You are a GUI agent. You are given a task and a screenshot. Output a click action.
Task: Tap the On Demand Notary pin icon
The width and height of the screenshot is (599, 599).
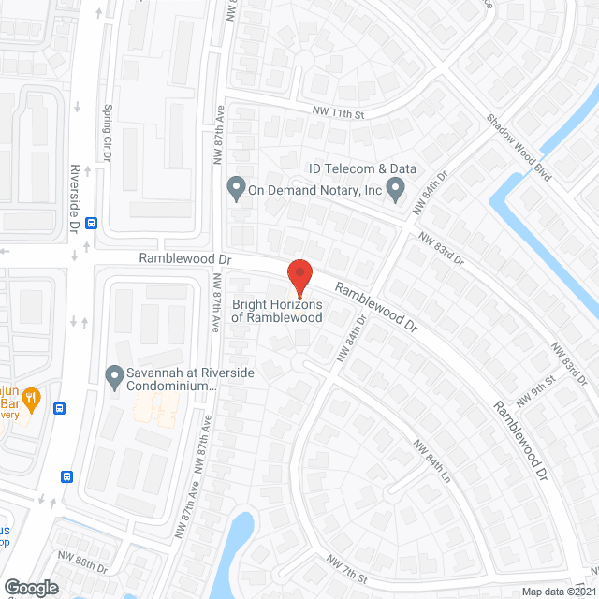coord(236,189)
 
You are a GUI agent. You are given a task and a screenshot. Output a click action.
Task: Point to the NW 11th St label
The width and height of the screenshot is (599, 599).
coord(338,112)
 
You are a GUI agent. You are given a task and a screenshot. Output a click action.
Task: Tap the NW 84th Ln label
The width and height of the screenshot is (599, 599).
coord(432,458)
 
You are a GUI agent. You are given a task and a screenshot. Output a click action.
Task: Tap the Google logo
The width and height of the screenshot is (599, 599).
coord(30,587)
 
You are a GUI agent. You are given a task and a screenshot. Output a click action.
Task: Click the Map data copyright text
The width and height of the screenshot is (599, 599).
coord(559,591)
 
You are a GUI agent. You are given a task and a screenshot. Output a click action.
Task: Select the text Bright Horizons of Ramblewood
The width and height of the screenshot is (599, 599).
coord(277,312)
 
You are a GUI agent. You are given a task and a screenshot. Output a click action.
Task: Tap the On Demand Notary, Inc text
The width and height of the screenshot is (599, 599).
coord(315,190)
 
